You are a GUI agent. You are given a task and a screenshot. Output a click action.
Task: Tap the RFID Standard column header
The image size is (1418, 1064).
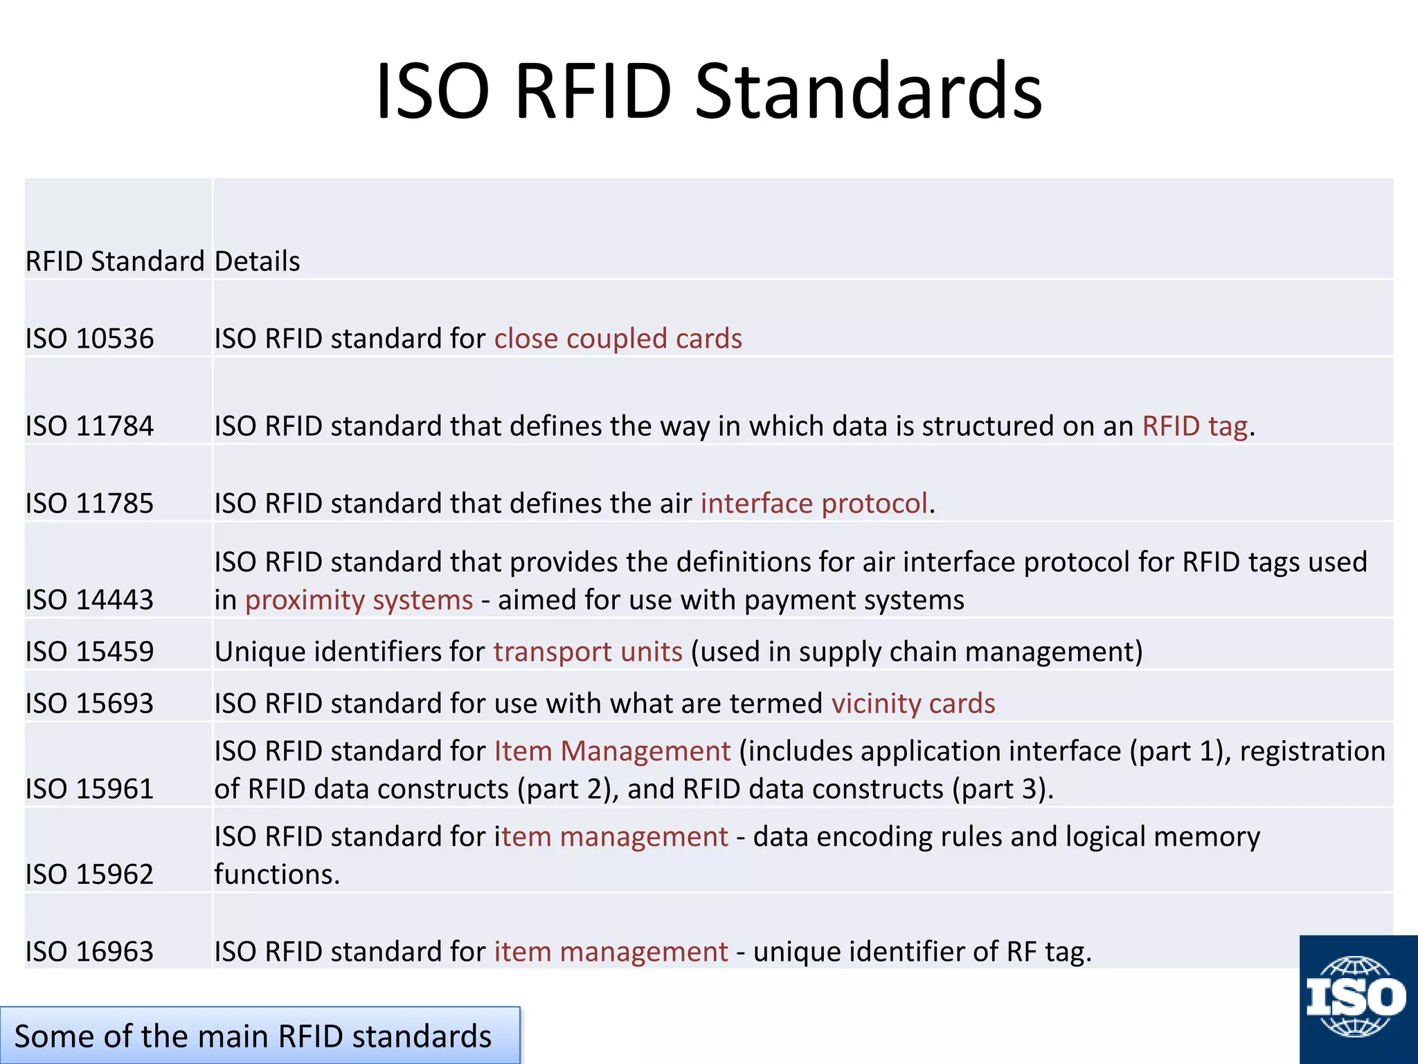pos(115,261)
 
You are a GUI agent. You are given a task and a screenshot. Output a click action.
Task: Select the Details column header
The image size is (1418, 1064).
pos(257,261)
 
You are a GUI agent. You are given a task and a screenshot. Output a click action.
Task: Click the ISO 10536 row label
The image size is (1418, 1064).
pos(89,339)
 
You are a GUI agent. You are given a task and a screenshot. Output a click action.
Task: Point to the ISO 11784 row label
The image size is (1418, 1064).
pos(89,426)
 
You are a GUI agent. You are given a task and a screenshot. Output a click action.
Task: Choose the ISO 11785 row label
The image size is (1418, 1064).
pos(89,504)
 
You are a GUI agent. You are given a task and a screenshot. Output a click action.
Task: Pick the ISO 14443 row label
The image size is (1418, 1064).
pos(89,600)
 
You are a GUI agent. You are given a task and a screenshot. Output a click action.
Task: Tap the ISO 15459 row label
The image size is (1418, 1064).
pos(89,652)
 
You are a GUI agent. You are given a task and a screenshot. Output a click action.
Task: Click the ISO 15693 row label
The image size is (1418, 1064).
pos(89,704)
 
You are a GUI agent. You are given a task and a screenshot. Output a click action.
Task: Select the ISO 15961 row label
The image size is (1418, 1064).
pos(89,789)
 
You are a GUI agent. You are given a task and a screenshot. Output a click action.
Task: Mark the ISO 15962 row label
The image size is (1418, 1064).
pos(89,874)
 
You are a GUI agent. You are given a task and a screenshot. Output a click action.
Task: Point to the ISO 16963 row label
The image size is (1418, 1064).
pos(89,952)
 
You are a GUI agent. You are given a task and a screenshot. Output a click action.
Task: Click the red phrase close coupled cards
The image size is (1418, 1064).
pos(618,339)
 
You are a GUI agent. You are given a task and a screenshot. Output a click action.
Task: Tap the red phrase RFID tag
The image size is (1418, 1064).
pos(1194,426)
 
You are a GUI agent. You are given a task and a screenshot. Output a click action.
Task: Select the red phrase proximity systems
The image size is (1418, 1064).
pos(359,600)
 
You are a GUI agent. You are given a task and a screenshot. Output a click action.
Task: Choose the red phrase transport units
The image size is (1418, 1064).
pos(588,652)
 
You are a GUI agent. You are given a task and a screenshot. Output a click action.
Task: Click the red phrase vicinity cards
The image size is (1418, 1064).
pos(913,704)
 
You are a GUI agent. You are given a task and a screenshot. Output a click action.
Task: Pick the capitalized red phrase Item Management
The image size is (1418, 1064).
pos(612,752)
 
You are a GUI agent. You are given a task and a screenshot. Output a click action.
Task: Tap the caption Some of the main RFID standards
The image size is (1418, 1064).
pos(253,1036)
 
